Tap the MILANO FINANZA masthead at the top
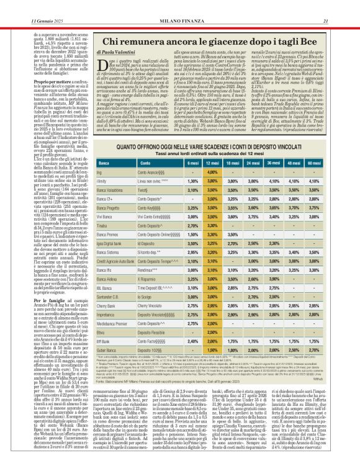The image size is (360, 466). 179,6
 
